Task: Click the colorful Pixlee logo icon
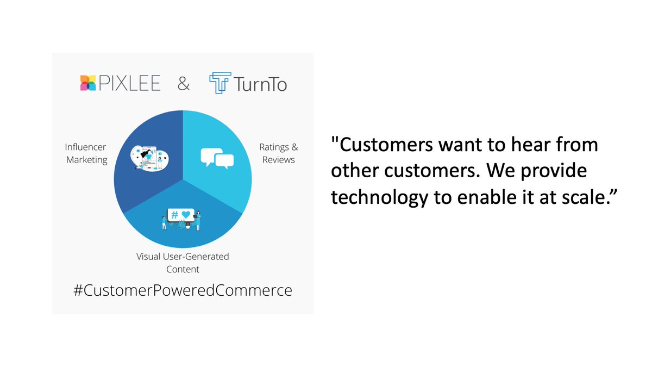click(x=87, y=83)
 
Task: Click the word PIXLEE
click(x=128, y=83)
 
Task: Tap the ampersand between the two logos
click(x=184, y=84)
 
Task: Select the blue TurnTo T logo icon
click(x=220, y=83)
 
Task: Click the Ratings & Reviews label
click(x=278, y=153)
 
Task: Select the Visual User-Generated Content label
click(x=183, y=263)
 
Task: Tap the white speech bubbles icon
click(x=217, y=158)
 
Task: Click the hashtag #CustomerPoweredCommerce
click(x=183, y=290)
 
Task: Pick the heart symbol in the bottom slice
click(x=186, y=215)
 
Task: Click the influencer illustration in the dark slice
click(x=148, y=158)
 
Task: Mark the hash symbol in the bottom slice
click(x=175, y=215)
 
